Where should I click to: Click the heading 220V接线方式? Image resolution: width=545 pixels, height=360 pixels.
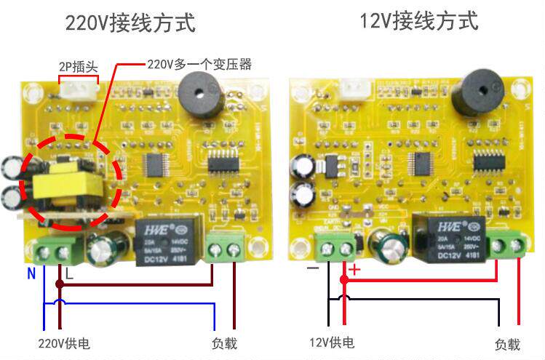pyautogui.click(x=131, y=23)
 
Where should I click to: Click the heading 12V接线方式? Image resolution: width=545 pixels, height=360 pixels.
pyautogui.click(x=420, y=21)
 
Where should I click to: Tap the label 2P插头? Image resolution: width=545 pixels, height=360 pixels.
pyautogui.click(x=78, y=67)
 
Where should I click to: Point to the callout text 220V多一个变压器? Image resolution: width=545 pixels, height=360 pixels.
pyautogui.click(x=199, y=65)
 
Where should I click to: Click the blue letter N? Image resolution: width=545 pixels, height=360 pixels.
pyautogui.click(x=31, y=274)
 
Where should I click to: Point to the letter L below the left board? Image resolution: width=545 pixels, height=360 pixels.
pyautogui.click(x=70, y=273)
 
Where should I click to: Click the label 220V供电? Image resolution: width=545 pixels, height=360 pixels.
pyautogui.click(x=64, y=343)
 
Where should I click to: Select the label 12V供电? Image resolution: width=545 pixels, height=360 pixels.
pyautogui.click(x=332, y=343)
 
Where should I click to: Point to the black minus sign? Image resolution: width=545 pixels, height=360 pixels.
pyautogui.click(x=313, y=268)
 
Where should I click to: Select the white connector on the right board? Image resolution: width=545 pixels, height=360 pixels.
pyautogui.click(x=354, y=87)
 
